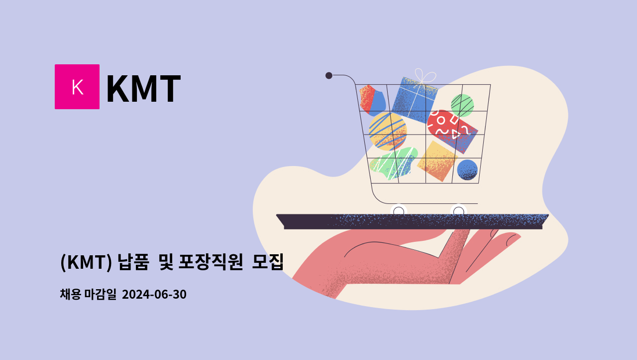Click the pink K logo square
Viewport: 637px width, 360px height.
click(77, 87)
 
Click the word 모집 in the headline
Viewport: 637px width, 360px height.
click(268, 262)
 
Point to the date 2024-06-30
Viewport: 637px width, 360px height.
click(154, 295)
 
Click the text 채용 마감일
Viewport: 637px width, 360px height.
click(88, 295)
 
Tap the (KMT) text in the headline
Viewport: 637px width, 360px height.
click(86, 262)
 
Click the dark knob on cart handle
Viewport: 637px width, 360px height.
click(329, 75)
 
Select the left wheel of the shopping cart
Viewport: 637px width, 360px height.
click(399, 211)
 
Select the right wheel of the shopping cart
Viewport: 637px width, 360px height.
click(459, 211)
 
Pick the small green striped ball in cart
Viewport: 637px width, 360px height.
click(462, 105)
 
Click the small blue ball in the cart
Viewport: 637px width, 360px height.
click(467, 170)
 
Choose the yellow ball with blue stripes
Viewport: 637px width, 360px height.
click(388, 131)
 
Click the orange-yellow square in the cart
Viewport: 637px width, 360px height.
click(437, 161)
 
